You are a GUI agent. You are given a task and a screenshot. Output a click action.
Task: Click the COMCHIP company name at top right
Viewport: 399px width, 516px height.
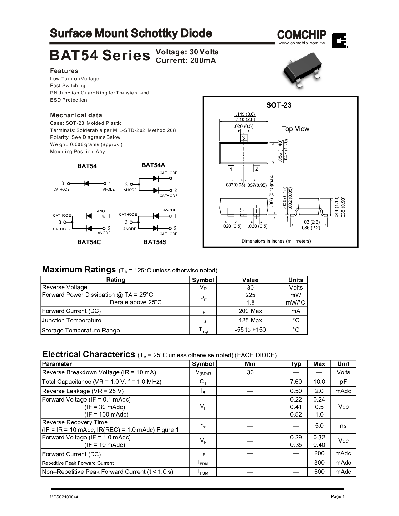coord(301,34)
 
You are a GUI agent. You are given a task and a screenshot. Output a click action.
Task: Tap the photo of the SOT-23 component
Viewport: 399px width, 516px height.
coord(302,73)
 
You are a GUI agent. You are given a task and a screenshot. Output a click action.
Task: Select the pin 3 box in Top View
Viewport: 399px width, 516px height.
coord(243,137)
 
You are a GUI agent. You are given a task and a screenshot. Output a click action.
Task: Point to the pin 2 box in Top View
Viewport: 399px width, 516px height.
coord(257,169)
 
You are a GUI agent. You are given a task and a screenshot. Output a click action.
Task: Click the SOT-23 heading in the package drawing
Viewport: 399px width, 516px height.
coord(279,105)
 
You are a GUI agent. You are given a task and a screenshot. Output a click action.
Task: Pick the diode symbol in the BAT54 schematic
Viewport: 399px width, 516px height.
coord(86,183)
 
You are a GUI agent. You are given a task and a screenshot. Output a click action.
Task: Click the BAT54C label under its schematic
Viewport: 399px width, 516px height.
coord(89,242)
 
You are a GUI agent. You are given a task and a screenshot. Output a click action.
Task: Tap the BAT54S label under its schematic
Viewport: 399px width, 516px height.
coord(155,242)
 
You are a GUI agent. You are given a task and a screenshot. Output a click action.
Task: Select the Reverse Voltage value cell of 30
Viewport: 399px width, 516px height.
coord(250,287)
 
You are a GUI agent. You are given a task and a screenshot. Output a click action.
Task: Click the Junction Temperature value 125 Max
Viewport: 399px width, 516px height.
coord(250,320)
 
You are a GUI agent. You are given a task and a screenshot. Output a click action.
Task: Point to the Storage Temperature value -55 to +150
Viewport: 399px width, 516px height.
coord(250,330)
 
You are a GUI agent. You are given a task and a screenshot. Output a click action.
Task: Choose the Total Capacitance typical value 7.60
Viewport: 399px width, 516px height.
coord(296,382)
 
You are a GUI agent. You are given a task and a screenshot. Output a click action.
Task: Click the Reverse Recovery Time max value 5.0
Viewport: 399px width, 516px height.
coord(319,426)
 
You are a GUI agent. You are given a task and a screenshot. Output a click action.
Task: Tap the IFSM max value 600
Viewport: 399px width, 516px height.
coord(319,472)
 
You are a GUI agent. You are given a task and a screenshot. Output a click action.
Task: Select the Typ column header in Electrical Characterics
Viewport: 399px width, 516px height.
coord(296,364)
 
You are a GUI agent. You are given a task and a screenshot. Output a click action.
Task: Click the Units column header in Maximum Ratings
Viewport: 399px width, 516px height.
coord(296,280)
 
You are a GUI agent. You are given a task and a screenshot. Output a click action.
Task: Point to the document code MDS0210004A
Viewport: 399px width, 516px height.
coord(64,497)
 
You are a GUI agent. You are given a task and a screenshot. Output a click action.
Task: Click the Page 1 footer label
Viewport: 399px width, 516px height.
coord(337,497)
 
